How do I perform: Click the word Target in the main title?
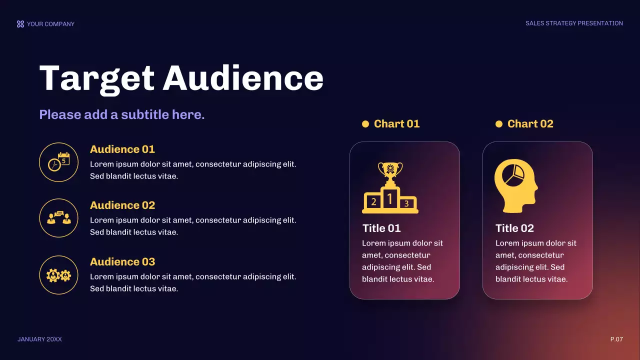click(x=96, y=78)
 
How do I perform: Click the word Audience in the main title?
click(x=243, y=78)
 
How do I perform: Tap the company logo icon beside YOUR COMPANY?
click(x=20, y=24)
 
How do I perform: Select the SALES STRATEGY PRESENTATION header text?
click(x=574, y=23)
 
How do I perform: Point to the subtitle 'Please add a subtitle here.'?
click(x=122, y=114)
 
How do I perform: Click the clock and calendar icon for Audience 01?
click(x=58, y=162)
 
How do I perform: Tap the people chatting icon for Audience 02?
click(x=58, y=218)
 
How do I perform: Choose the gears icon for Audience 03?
click(x=58, y=275)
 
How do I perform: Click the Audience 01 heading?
click(x=122, y=149)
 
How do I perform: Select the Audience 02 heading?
click(x=122, y=205)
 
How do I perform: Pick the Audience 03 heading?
click(x=122, y=262)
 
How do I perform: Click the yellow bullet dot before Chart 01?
click(x=365, y=124)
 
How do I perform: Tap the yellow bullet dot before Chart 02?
click(x=499, y=124)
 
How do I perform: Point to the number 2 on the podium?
click(x=373, y=202)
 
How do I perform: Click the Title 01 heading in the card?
click(x=381, y=228)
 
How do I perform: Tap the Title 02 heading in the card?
click(x=514, y=228)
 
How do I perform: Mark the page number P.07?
click(x=616, y=339)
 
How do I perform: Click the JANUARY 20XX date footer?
click(x=40, y=339)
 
